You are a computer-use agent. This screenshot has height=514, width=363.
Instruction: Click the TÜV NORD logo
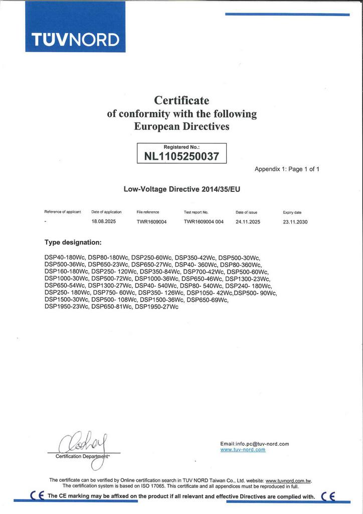point(75,39)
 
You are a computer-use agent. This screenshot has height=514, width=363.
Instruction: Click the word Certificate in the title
point(181,100)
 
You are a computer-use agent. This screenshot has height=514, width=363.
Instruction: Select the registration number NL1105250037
point(181,156)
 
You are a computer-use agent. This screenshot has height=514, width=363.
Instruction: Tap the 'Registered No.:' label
point(181,147)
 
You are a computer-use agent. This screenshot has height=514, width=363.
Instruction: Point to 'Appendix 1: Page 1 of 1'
point(287,169)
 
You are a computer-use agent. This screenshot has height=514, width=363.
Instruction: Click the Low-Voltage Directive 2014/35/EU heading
point(181,190)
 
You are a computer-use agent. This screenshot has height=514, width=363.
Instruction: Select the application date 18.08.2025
point(103,221)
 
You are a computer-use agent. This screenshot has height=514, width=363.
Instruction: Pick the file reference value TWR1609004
point(151,221)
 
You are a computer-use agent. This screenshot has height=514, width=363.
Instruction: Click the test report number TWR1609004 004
point(204,221)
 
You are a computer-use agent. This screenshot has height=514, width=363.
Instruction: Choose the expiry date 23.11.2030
point(295,221)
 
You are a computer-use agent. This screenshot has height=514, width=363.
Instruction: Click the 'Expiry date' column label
point(292,212)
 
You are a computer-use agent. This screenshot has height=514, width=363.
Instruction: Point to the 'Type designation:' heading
point(73,242)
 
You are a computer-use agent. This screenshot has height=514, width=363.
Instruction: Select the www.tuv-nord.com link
point(243,450)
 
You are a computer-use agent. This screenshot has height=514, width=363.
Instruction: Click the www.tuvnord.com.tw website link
point(288,480)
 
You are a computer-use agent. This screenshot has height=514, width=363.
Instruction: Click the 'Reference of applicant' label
point(63,212)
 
